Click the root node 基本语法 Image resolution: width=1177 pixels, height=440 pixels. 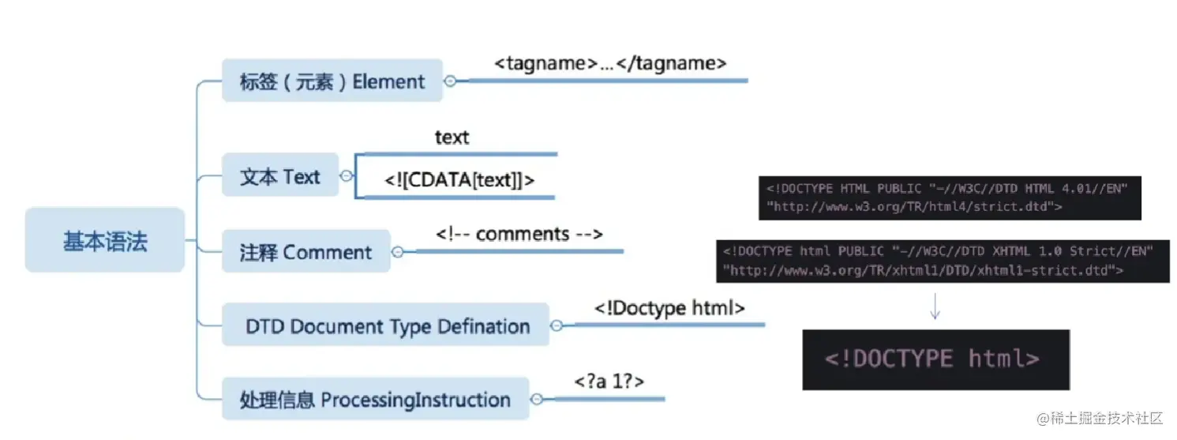[x=105, y=240]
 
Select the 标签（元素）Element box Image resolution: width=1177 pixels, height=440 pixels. [x=332, y=81]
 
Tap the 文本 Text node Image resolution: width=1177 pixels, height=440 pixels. [x=279, y=176]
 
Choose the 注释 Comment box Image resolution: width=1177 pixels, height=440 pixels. [x=305, y=252]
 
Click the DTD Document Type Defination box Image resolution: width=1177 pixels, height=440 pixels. [x=387, y=325]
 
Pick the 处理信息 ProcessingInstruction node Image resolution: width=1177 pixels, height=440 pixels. [x=375, y=399]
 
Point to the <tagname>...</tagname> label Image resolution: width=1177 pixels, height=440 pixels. [x=610, y=64]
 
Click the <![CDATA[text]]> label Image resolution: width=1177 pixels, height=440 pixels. [x=459, y=180]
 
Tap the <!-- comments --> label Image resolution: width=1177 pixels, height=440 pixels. [x=519, y=234]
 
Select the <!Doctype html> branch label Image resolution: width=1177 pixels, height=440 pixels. [x=669, y=307]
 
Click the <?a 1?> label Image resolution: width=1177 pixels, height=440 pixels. [x=609, y=381]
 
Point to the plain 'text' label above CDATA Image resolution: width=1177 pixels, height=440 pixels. [x=452, y=137]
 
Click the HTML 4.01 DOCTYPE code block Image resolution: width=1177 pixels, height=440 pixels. [x=950, y=197]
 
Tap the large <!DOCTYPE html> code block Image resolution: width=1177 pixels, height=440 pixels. [x=935, y=359]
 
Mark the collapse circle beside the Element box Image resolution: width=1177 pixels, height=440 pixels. [x=450, y=81]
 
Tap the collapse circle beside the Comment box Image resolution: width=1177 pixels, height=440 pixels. [x=397, y=252]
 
